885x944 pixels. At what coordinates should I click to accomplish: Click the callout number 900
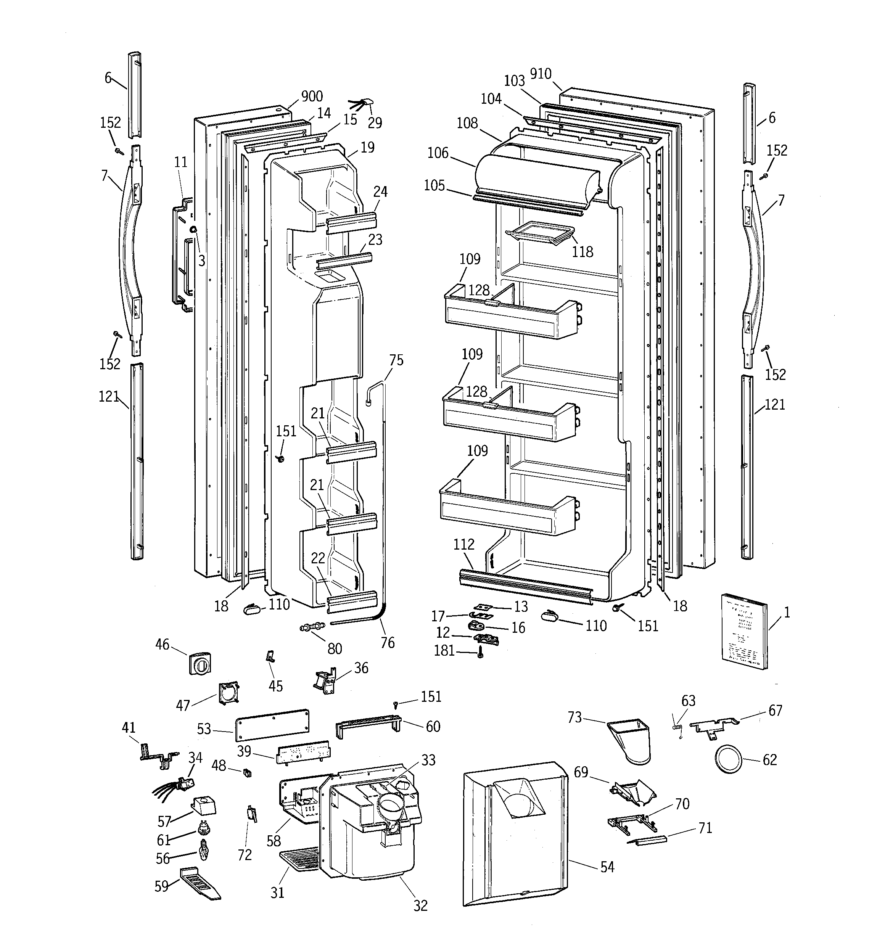[312, 96]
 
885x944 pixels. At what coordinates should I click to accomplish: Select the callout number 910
[541, 74]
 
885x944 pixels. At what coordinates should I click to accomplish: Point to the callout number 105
[434, 185]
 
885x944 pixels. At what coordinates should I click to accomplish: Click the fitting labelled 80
[312, 628]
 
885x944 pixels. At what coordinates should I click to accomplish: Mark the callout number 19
[367, 147]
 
